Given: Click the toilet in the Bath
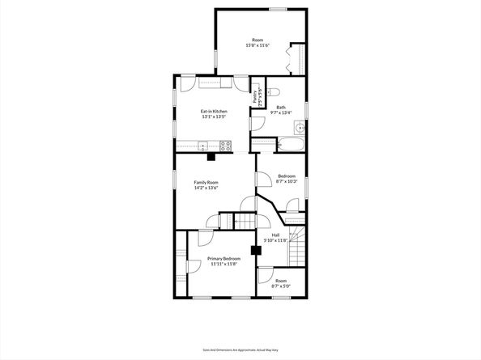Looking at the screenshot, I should click(x=273, y=91).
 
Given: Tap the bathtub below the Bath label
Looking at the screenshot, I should click(x=290, y=146).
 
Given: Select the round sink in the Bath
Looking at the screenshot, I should click(x=300, y=127).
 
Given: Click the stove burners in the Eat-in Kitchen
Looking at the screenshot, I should click(x=225, y=146).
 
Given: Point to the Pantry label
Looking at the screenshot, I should click(x=254, y=97).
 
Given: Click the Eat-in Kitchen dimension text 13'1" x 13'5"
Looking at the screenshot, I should click(x=214, y=116).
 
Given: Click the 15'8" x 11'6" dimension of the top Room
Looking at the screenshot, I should click(x=258, y=45).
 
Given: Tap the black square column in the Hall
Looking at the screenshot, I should click(x=256, y=250).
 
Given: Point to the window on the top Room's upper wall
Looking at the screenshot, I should click(x=278, y=9).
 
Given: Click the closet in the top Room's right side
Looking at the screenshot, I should click(x=297, y=57).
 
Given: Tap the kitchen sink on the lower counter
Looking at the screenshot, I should click(x=202, y=146).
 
